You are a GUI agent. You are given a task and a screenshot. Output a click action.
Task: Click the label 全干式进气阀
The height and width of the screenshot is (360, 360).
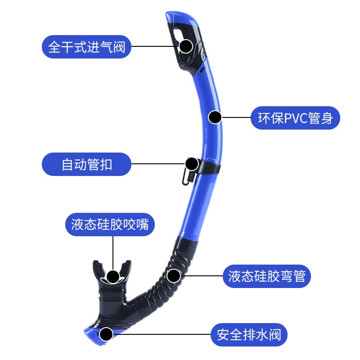coord(87,46)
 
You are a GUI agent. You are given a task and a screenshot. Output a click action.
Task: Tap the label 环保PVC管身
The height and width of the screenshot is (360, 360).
coord(295,118)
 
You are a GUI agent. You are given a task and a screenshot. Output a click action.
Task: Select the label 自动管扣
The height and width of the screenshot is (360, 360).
coord(87,164)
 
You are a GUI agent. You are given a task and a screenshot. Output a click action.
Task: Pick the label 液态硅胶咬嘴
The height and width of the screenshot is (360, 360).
coord(113,224)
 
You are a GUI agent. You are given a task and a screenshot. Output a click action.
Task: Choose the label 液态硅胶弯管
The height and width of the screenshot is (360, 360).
coord(267,275)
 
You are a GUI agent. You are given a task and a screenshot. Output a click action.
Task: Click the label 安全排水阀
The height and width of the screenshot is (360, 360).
coord(249,335)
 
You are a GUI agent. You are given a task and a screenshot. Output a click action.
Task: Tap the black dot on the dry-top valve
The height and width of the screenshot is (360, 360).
coord(186,46)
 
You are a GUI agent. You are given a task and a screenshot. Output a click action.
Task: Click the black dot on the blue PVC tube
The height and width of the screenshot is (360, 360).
coord(216,118)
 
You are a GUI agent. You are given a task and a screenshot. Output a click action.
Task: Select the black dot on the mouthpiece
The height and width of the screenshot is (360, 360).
coord(113,276)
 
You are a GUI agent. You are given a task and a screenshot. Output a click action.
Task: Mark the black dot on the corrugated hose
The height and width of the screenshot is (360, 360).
coord(174,275)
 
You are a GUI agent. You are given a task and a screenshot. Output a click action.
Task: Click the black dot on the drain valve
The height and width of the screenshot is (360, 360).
coord(106,334)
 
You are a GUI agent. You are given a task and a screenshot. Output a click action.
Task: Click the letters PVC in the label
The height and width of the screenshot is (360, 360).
coord(297,118)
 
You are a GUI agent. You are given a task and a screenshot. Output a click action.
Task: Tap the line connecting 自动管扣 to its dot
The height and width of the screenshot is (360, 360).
coord(157,164)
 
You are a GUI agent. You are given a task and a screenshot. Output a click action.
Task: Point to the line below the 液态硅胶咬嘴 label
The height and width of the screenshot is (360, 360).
coord(113,252)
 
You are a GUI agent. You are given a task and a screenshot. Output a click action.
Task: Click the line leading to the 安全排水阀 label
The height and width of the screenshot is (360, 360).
coord(162,335)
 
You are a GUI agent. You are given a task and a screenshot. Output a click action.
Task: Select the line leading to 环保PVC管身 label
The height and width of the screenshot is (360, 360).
coord(236,118)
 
